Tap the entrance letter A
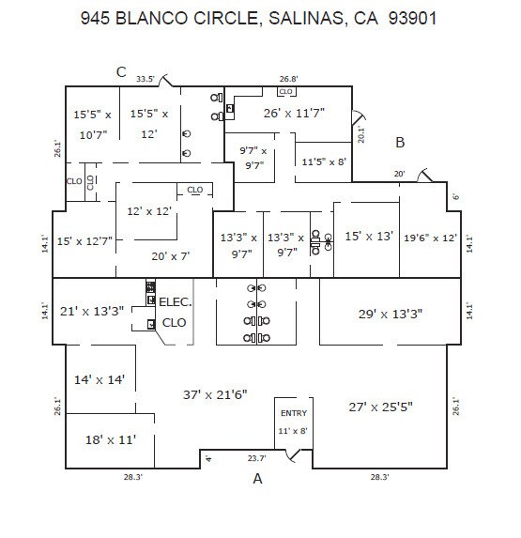pos(255,479)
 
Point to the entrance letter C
pos(121,71)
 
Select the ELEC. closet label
pos(175,302)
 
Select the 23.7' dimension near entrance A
pos(255,459)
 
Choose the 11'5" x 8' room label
pos(324,161)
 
